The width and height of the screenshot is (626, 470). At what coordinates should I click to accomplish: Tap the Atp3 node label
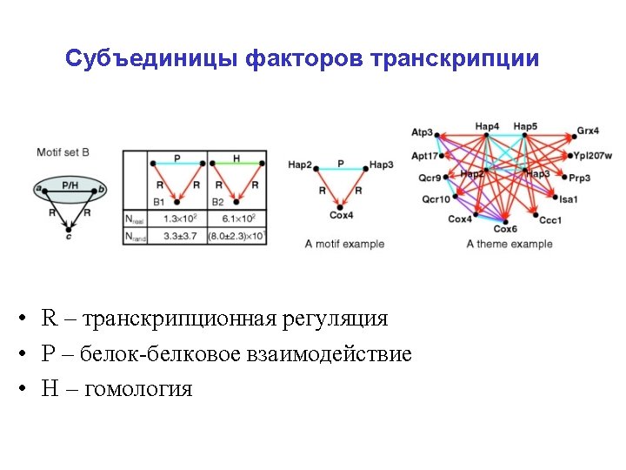point(422,133)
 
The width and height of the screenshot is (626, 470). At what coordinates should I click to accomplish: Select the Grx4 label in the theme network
point(588,131)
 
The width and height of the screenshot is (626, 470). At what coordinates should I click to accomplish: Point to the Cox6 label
point(505,230)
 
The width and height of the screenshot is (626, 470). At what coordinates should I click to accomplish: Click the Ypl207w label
point(593,156)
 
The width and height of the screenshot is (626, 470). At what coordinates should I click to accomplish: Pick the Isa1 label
point(569,199)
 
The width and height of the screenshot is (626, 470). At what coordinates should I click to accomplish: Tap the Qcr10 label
point(436,199)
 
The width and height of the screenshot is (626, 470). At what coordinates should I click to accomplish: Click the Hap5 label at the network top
point(525,126)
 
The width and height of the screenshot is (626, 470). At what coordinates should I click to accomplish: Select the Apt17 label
point(425,156)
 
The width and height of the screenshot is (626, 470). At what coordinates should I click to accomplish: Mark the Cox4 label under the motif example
point(341,216)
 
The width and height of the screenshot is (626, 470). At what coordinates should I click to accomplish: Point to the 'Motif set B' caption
point(63,153)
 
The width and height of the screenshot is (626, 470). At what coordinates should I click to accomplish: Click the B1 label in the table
point(158,202)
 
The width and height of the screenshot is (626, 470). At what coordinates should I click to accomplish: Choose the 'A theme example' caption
point(509,244)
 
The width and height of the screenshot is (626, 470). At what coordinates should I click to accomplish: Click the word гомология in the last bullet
point(137,389)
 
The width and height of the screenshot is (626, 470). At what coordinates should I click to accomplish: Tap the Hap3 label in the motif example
point(381,164)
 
